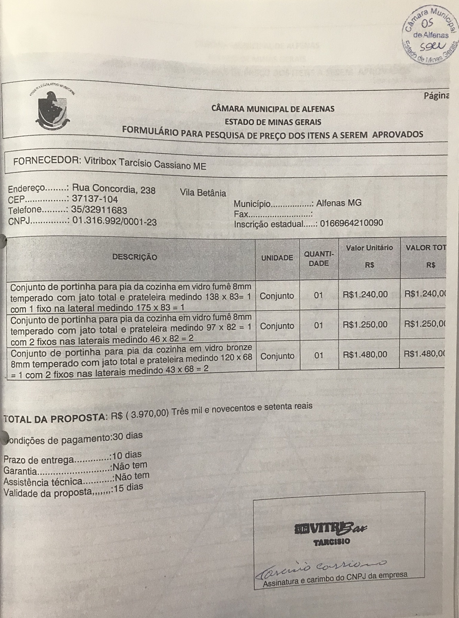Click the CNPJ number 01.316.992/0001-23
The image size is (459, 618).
coord(114,221)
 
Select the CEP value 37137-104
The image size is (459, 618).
coord(95,199)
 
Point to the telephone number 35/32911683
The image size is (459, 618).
coord(99,210)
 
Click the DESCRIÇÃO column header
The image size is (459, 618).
coord(134,257)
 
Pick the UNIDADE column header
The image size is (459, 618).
coord(277,258)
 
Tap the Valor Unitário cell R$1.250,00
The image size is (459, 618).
coord(365,325)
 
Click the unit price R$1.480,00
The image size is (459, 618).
coord(365,354)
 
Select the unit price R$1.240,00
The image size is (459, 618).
coord(365,294)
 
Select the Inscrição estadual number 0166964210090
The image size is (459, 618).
coord(351,223)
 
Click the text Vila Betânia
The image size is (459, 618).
coord(203,193)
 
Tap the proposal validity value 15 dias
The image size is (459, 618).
coord(128,488)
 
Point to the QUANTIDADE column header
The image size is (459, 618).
coord(319,259)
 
